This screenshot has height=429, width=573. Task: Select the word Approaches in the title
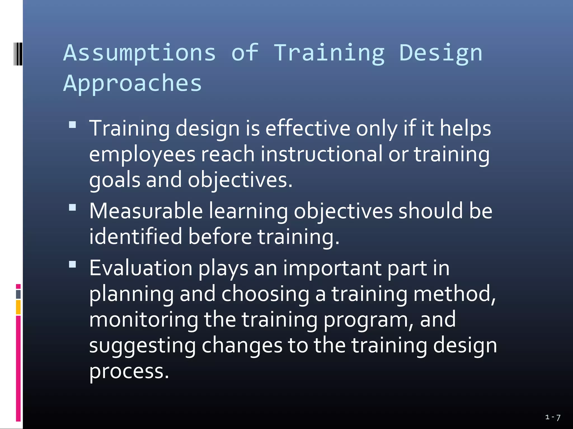[x=132, y=84]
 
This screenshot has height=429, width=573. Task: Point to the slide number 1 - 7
[x=553, y=417]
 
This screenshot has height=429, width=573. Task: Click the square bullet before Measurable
[x=72, y=208]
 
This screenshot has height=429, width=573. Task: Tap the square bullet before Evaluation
[x=72, y=264]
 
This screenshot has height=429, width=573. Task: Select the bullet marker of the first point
[x=72, y=125]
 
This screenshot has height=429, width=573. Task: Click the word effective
[x=308, y=128]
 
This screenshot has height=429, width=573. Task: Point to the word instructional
[x=321, y=154]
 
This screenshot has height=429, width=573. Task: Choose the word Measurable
[x=146, y=211]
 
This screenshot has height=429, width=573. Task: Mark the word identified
[x=136, y=237]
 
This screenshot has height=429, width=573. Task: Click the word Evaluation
[x=141, y=268]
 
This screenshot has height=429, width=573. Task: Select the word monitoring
[x=144, y=320]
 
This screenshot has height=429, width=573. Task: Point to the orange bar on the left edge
[x=18, y=307]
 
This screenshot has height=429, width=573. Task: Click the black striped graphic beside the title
[x=18, y=54]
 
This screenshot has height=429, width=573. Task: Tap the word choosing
[x=265, y=294]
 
